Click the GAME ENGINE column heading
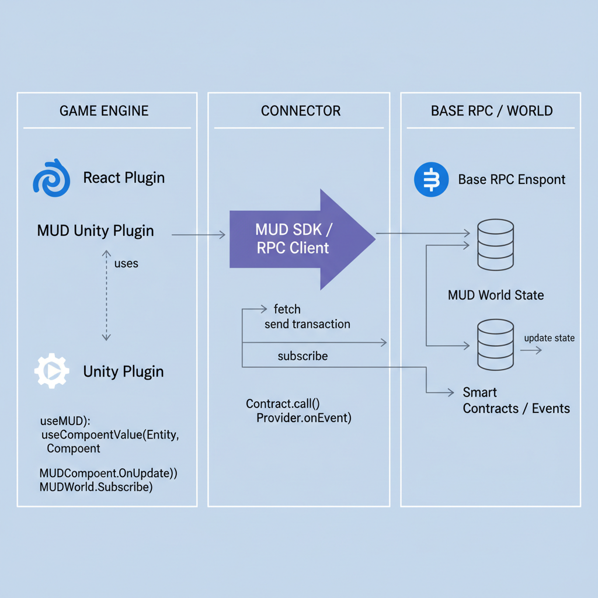click(x=104, y=111)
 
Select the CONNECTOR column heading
click(x=301, y=111)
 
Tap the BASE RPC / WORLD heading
click(x=492, y=111)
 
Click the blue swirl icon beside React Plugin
click(x=51, y=178)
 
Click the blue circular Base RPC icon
click(x=431, y=179)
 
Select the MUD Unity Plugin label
click(x=95, y=231)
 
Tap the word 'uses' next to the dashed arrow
click(x=126, y=263)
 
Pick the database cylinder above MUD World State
click(x=495, y=245)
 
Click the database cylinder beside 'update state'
click(x=495, y=345)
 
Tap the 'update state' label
click(x=549, y=338)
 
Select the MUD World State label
click(x=496, y=295)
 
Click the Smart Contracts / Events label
click(x=516, y=400)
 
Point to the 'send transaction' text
click(x=307, y=324)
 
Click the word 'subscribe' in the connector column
click(x=303, y=356)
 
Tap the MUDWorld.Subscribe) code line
click(x=96, y=486)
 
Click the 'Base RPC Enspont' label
click(x=512, y=179)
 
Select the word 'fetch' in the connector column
click(x=287, y=309)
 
